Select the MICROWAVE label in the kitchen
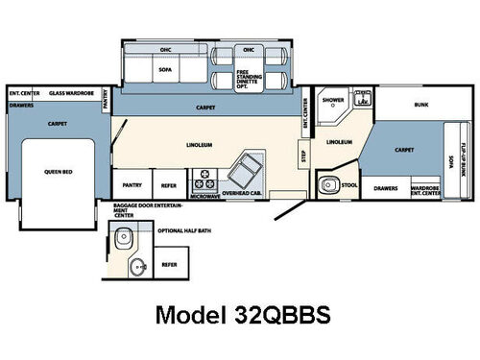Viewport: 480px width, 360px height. (204, 194)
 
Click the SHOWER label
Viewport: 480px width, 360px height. (333, 99)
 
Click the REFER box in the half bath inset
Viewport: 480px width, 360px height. (168, 263)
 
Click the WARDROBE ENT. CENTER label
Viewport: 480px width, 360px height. (427, 190)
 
